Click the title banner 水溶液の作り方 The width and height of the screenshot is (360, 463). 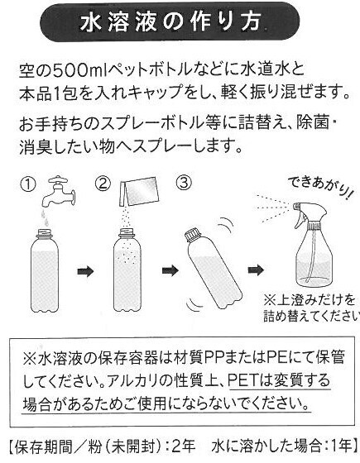170,21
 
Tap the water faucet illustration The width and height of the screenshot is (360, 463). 58,192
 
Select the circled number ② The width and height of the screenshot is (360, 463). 103,184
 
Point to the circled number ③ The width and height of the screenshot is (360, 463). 184,183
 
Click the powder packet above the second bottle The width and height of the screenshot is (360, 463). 138,192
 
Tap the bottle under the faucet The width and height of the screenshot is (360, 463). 45,270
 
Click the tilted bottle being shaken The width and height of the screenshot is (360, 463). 213,268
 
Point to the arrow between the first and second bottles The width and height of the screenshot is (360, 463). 85,271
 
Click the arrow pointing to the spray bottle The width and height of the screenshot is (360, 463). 256,270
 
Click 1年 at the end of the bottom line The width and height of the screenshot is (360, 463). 339,447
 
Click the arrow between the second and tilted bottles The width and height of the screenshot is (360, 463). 170,270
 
